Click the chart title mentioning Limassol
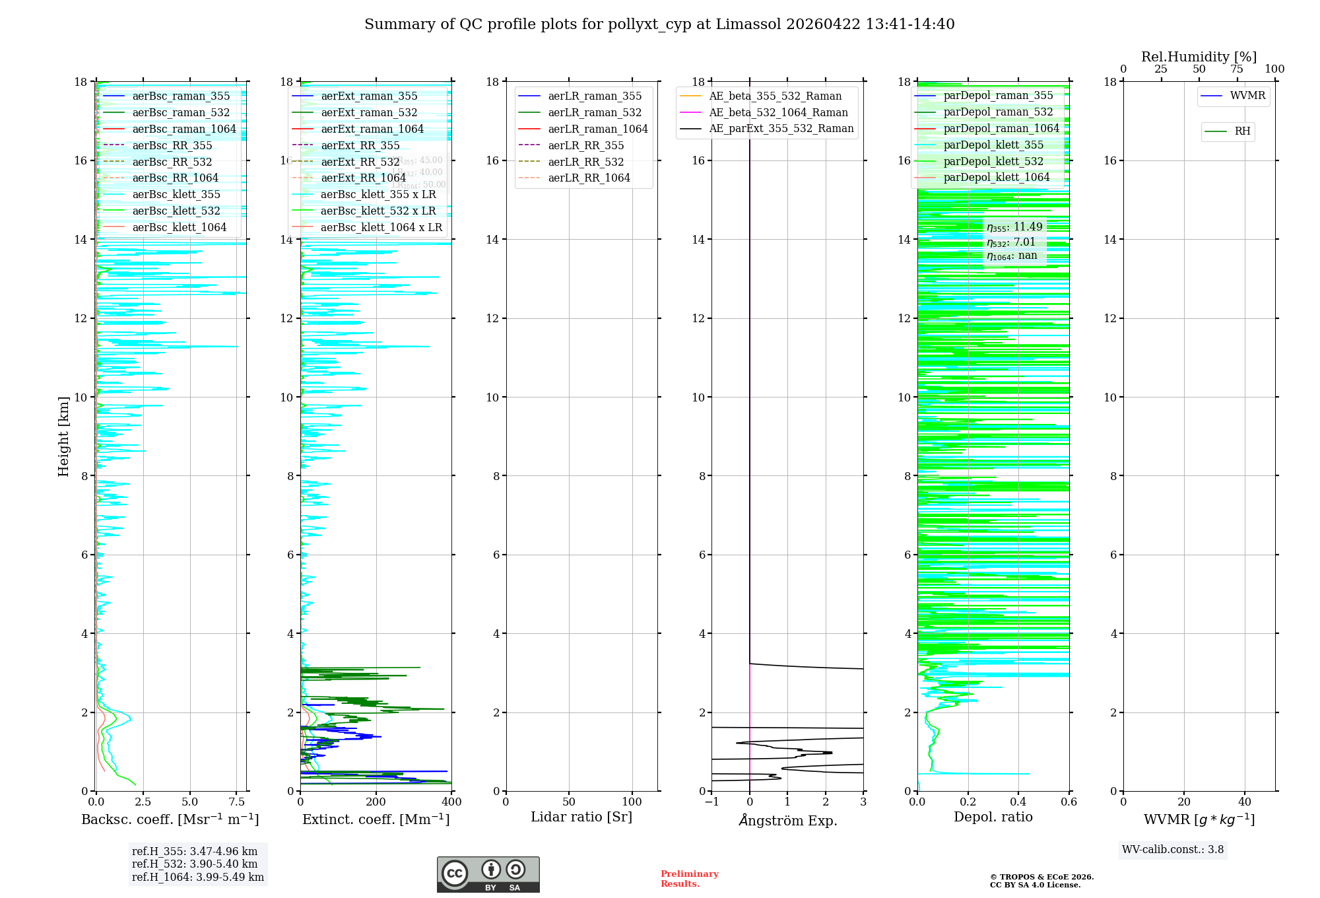pos(659,24)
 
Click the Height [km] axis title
pos(63,436)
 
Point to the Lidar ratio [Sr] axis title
pos(581,817)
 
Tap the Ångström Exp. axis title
pos(788,820)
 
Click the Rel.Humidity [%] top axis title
pos(1199,57)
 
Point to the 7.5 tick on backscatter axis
pos(237,802)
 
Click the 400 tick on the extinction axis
pos(451,802)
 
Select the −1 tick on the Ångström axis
pos(711,802)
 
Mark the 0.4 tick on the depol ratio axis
pos(1018,802)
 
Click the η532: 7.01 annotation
pos(1011,242)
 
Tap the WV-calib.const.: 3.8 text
pos(1173,850)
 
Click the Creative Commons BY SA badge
pos(488,875)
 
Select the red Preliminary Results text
pos(689,879)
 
